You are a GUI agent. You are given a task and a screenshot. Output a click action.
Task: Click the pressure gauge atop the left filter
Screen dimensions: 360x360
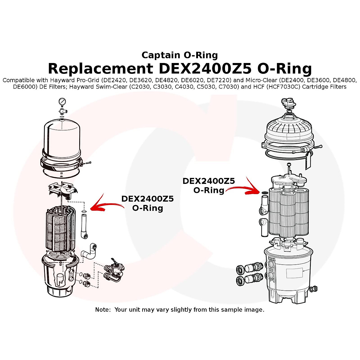pos(62,102)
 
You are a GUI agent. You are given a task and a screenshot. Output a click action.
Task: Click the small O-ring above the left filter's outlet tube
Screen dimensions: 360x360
pos(84,212)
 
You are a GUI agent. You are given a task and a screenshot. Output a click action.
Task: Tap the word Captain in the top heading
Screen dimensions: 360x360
pos(159,55)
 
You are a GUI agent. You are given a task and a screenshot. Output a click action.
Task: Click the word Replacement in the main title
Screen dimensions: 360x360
pos(100,68)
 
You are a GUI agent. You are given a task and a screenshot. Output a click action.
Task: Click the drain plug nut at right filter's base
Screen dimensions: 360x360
pos(313,289)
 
